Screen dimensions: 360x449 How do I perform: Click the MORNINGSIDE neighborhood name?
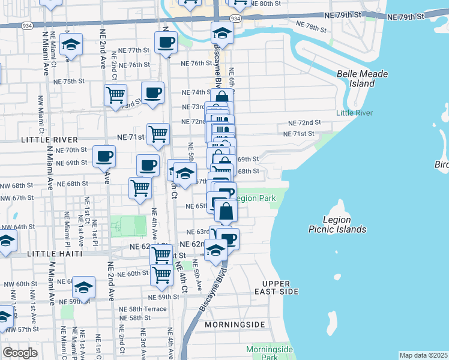235,324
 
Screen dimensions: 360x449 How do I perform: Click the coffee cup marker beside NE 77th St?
166,43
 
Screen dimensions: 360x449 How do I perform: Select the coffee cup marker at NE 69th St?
104,157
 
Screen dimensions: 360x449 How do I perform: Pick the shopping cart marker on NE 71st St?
158,134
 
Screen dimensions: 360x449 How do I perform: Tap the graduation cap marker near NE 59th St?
85,287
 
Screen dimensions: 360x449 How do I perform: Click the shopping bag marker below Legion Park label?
226,212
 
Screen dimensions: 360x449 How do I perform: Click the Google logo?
19,352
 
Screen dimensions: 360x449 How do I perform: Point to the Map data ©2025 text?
423,355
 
